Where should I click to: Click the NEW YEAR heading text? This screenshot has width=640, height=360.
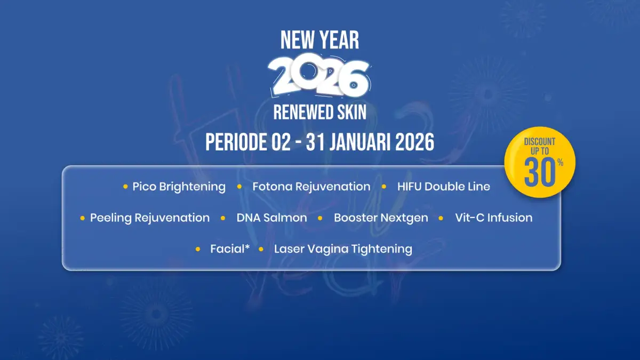click(319, 41)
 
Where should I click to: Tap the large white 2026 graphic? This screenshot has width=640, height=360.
click(319, 75)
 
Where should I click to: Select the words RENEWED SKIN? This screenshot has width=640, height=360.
click(319, 113)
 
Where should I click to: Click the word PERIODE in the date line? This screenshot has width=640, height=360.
click(236, 142)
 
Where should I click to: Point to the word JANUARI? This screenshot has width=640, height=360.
click(359, 142)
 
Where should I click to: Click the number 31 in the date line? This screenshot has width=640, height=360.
click(315, 142)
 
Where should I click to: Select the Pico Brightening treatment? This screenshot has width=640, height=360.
click(179, 187)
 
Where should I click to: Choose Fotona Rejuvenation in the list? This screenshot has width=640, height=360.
click(311, 187)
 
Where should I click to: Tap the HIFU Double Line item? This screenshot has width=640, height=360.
click(443, 187)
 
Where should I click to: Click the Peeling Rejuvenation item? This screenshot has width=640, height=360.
click(150, 218)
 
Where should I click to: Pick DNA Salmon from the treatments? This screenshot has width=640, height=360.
click(271, 218)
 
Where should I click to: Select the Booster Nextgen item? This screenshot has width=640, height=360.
click(381, 218)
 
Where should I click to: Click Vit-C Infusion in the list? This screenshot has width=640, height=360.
click(494, 218)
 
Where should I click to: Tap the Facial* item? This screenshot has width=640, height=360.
click(230, 249)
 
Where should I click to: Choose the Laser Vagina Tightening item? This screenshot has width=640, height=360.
click(343, 249)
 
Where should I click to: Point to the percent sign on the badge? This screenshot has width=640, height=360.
click(561, 163)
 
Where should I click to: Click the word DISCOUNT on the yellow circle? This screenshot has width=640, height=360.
click(539, 142)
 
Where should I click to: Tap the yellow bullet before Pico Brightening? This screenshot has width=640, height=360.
click(125, 187)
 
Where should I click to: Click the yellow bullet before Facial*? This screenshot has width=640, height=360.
click(198, 249)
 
